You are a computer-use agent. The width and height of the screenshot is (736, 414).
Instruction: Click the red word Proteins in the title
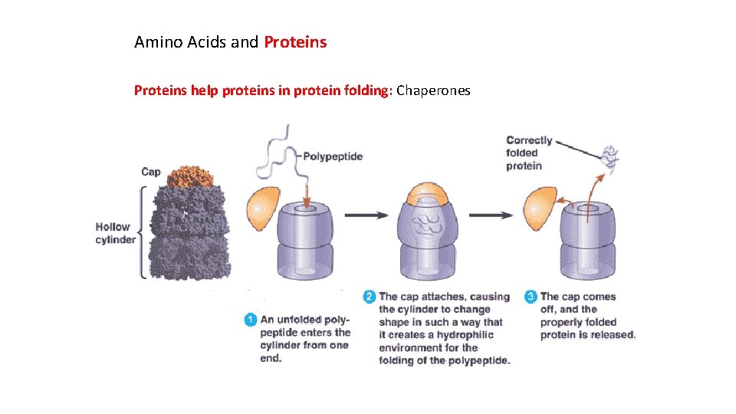coord(295,43)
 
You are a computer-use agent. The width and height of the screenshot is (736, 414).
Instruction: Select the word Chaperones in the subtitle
coord(433,91)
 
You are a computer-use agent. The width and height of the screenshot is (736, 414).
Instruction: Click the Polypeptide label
coord(333,156)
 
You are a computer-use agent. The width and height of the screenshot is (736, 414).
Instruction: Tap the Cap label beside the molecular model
coord(151,172)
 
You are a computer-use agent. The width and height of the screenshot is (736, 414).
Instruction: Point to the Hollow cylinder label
coord(115,233)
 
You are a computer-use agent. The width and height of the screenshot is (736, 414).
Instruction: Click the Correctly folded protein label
coord(528,153)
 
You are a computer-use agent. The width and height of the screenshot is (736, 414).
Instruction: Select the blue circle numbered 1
coord(250,320)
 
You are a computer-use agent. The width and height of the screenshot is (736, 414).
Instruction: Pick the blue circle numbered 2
coord(369,297)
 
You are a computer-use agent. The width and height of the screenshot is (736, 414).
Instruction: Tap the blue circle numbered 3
coord(531,297)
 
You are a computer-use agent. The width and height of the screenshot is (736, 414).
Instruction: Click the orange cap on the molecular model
coord(187,176)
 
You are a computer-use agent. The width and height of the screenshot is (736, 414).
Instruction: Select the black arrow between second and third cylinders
coord(491,215)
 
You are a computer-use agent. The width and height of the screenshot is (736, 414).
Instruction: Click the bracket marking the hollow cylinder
coord(142,233)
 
